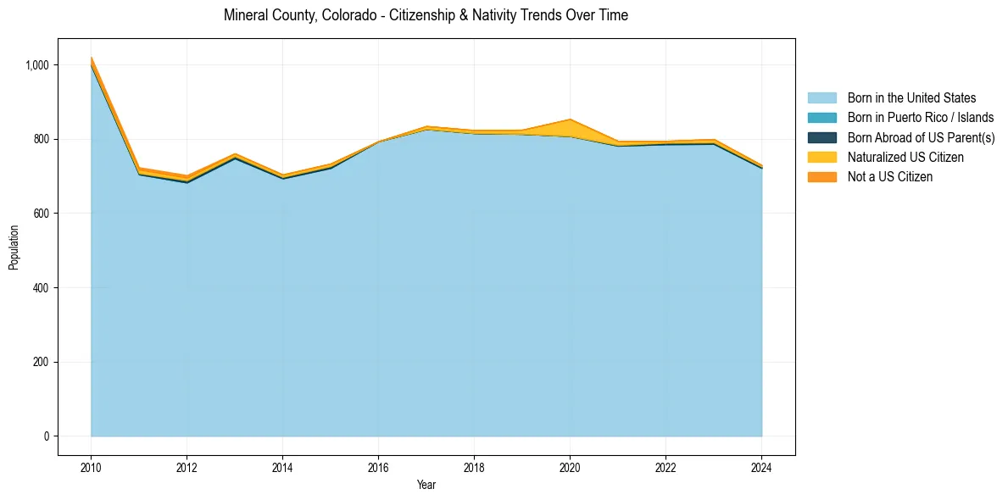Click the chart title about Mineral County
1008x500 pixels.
click(x=426, y=15)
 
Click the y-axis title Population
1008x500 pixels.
click(x=14, y=247)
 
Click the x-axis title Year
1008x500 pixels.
click(x=426, y=485)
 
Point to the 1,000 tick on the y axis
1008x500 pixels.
click(x=42, y=65)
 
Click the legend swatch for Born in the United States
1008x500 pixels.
click(x=821, y=98)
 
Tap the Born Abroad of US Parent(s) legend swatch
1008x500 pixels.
click(x=821, y=137)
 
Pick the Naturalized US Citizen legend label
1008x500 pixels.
click(x=905, y=157)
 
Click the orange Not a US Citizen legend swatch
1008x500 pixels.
click(x=821, y=176)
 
